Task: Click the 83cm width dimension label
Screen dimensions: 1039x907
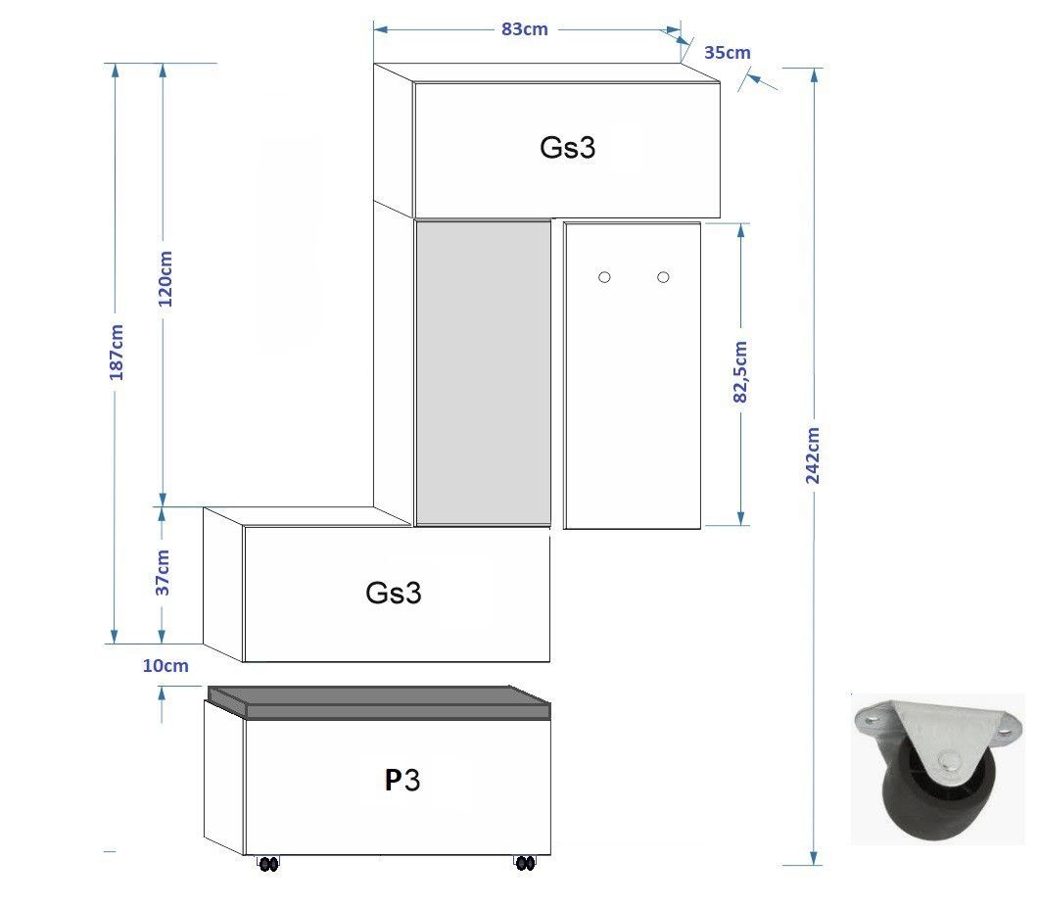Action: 524,29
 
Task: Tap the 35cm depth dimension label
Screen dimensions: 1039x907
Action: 727,52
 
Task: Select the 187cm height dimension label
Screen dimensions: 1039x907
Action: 117,352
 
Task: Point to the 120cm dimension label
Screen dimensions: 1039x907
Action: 165,278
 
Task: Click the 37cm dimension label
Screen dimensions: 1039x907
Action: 163,572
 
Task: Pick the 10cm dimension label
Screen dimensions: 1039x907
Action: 165,666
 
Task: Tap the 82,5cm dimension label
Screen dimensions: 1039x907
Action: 741,371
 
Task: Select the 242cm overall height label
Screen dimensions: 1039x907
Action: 813,455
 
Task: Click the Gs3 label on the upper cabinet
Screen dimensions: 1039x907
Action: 567,147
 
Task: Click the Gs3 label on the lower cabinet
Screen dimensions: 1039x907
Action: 393,593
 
